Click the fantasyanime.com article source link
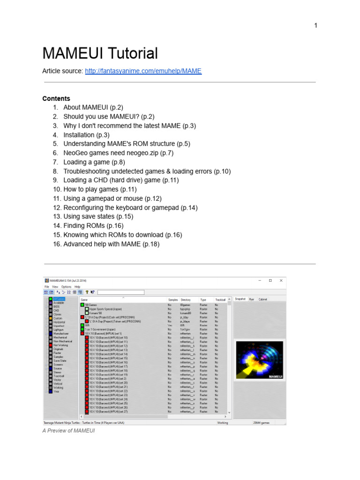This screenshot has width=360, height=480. point(143,71)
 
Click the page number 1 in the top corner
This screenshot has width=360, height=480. point(316,26)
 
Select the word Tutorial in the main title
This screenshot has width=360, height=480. point(130,53)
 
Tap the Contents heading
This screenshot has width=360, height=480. point(56,98)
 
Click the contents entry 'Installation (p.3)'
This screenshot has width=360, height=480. point(86,135)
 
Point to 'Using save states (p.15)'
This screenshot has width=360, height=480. point(98,217)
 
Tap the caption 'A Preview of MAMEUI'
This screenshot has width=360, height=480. point(68,431)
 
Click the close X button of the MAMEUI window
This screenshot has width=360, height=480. point(281,280)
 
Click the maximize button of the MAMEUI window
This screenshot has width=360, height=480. point(270,280)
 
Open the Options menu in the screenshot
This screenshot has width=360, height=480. point(66,286)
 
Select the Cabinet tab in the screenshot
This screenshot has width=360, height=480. point(263,299)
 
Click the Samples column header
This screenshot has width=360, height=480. point(173,300)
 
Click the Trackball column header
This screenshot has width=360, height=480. point(220,300)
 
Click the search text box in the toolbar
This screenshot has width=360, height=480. point(121,292)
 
